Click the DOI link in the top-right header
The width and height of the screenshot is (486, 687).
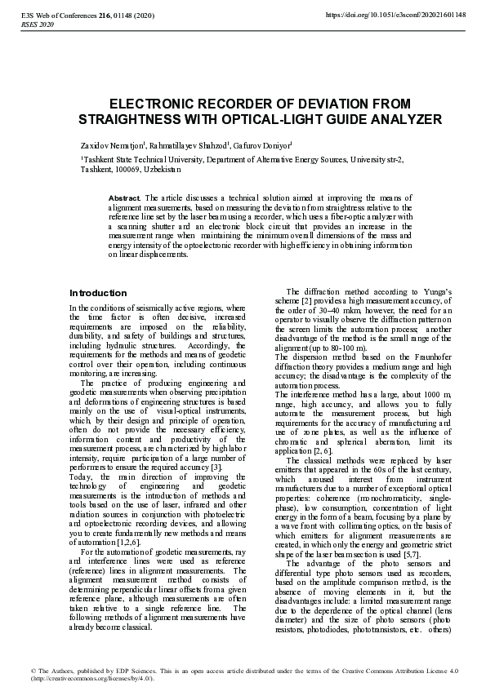(x=396, y=16)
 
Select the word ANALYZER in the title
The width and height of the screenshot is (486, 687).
(x=408, y=119)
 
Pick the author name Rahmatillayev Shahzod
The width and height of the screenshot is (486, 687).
(x=189, y=144)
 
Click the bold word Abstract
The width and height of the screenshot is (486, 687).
(x=125, y=197)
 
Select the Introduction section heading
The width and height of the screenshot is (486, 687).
(x=98, y=293)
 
